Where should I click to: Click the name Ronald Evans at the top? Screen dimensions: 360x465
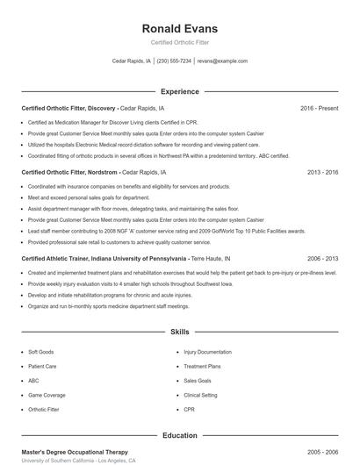point(179,29)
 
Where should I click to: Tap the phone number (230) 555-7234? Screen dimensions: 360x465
point(174,61)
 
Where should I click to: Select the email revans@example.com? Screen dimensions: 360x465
point(222,61)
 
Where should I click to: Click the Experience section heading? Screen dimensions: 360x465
point(179,91)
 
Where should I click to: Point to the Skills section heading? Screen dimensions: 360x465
point(179,333)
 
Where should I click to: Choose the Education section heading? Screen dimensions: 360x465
point(179,435)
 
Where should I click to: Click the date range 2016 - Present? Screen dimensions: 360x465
point(319,108)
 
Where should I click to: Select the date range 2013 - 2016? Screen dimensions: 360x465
point(322,173)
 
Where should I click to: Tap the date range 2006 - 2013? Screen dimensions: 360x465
point(322,259)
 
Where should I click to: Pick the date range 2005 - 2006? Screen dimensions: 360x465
point(322,451)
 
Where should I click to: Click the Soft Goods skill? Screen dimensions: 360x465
point(40,352)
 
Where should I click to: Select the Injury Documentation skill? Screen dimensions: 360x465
point(207,352)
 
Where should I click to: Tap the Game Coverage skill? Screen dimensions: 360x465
point(47,395)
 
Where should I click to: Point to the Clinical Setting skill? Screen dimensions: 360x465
point(201,395)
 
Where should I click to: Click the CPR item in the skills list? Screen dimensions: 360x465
point(189,410)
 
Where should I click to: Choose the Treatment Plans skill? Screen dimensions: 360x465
point(202,366)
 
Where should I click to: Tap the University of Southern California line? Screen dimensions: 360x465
point(78,461)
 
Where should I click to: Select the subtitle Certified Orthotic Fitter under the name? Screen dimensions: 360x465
point(179,43)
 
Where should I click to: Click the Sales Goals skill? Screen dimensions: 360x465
point(198,381)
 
